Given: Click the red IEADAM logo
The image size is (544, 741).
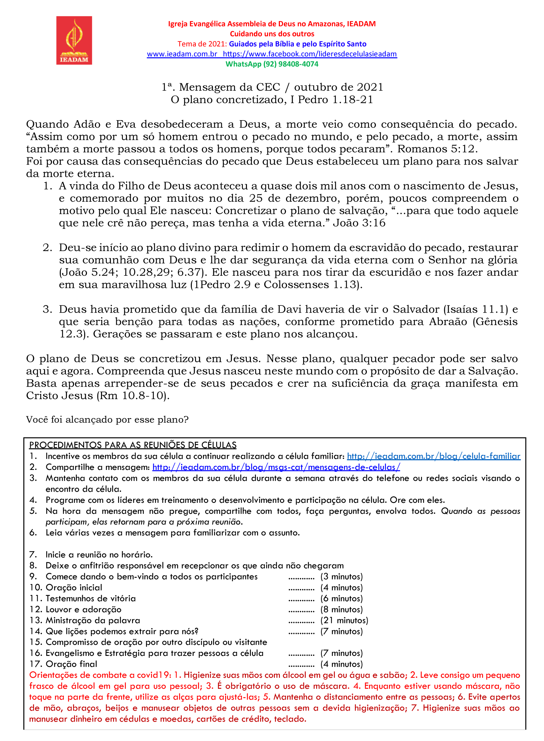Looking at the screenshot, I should [74, 40].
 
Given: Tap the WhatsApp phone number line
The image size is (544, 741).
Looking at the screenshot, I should [272, 64].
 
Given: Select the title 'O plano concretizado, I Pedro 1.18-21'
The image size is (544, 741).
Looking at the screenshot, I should [272, 99].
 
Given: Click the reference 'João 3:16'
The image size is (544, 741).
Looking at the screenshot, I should [359, 223].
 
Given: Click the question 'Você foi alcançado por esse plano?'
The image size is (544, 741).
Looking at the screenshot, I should [107, 419].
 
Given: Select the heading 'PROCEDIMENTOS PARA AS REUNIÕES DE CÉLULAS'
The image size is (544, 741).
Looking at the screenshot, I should [133, 445].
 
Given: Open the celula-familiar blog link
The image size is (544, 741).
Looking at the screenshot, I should [434, 456].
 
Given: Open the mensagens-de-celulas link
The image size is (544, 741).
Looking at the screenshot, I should [276, 467].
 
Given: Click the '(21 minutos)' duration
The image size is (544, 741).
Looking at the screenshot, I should [344, 620].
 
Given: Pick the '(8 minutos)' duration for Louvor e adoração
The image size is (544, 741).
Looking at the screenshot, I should [341, 609].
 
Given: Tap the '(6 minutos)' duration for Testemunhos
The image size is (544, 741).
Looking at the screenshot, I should [341, 598].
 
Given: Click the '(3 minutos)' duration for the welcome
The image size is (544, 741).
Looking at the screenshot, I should [341, 576].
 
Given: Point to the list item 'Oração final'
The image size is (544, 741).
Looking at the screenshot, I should [71, 664].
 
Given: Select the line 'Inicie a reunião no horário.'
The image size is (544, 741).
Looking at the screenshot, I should [99, 555].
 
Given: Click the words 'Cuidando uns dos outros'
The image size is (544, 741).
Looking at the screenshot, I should [272, 34].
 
